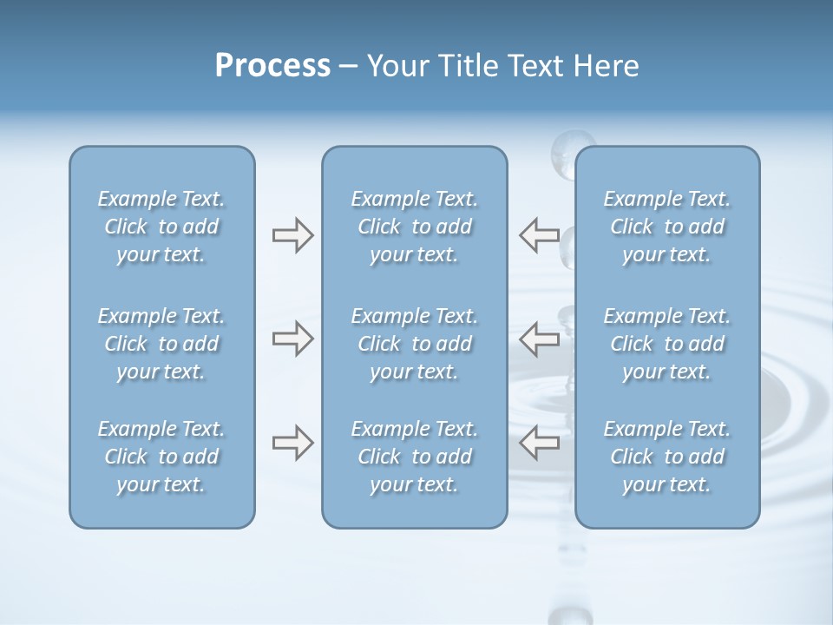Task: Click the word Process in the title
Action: click(272, 66)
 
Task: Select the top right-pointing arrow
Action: click(292, 235)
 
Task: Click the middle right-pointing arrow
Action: click(292, 339)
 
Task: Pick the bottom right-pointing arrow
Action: click(292, 443)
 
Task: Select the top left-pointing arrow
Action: click(539, 235)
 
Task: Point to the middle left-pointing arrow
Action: click(539, 339)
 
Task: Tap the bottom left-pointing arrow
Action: click(539, 443)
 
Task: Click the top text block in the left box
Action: click(161, 227)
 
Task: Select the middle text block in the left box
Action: click(161, 344)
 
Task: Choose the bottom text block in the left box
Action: click(161, 457)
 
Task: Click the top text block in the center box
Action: click(415, 227)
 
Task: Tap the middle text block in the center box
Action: click(415, 344)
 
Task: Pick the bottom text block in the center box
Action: click(415, 457)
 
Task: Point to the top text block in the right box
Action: click(667, 227)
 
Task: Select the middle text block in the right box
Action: click(667, 344)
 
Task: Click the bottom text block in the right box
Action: click(667, 457)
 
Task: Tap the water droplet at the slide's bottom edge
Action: click(570, 615)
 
